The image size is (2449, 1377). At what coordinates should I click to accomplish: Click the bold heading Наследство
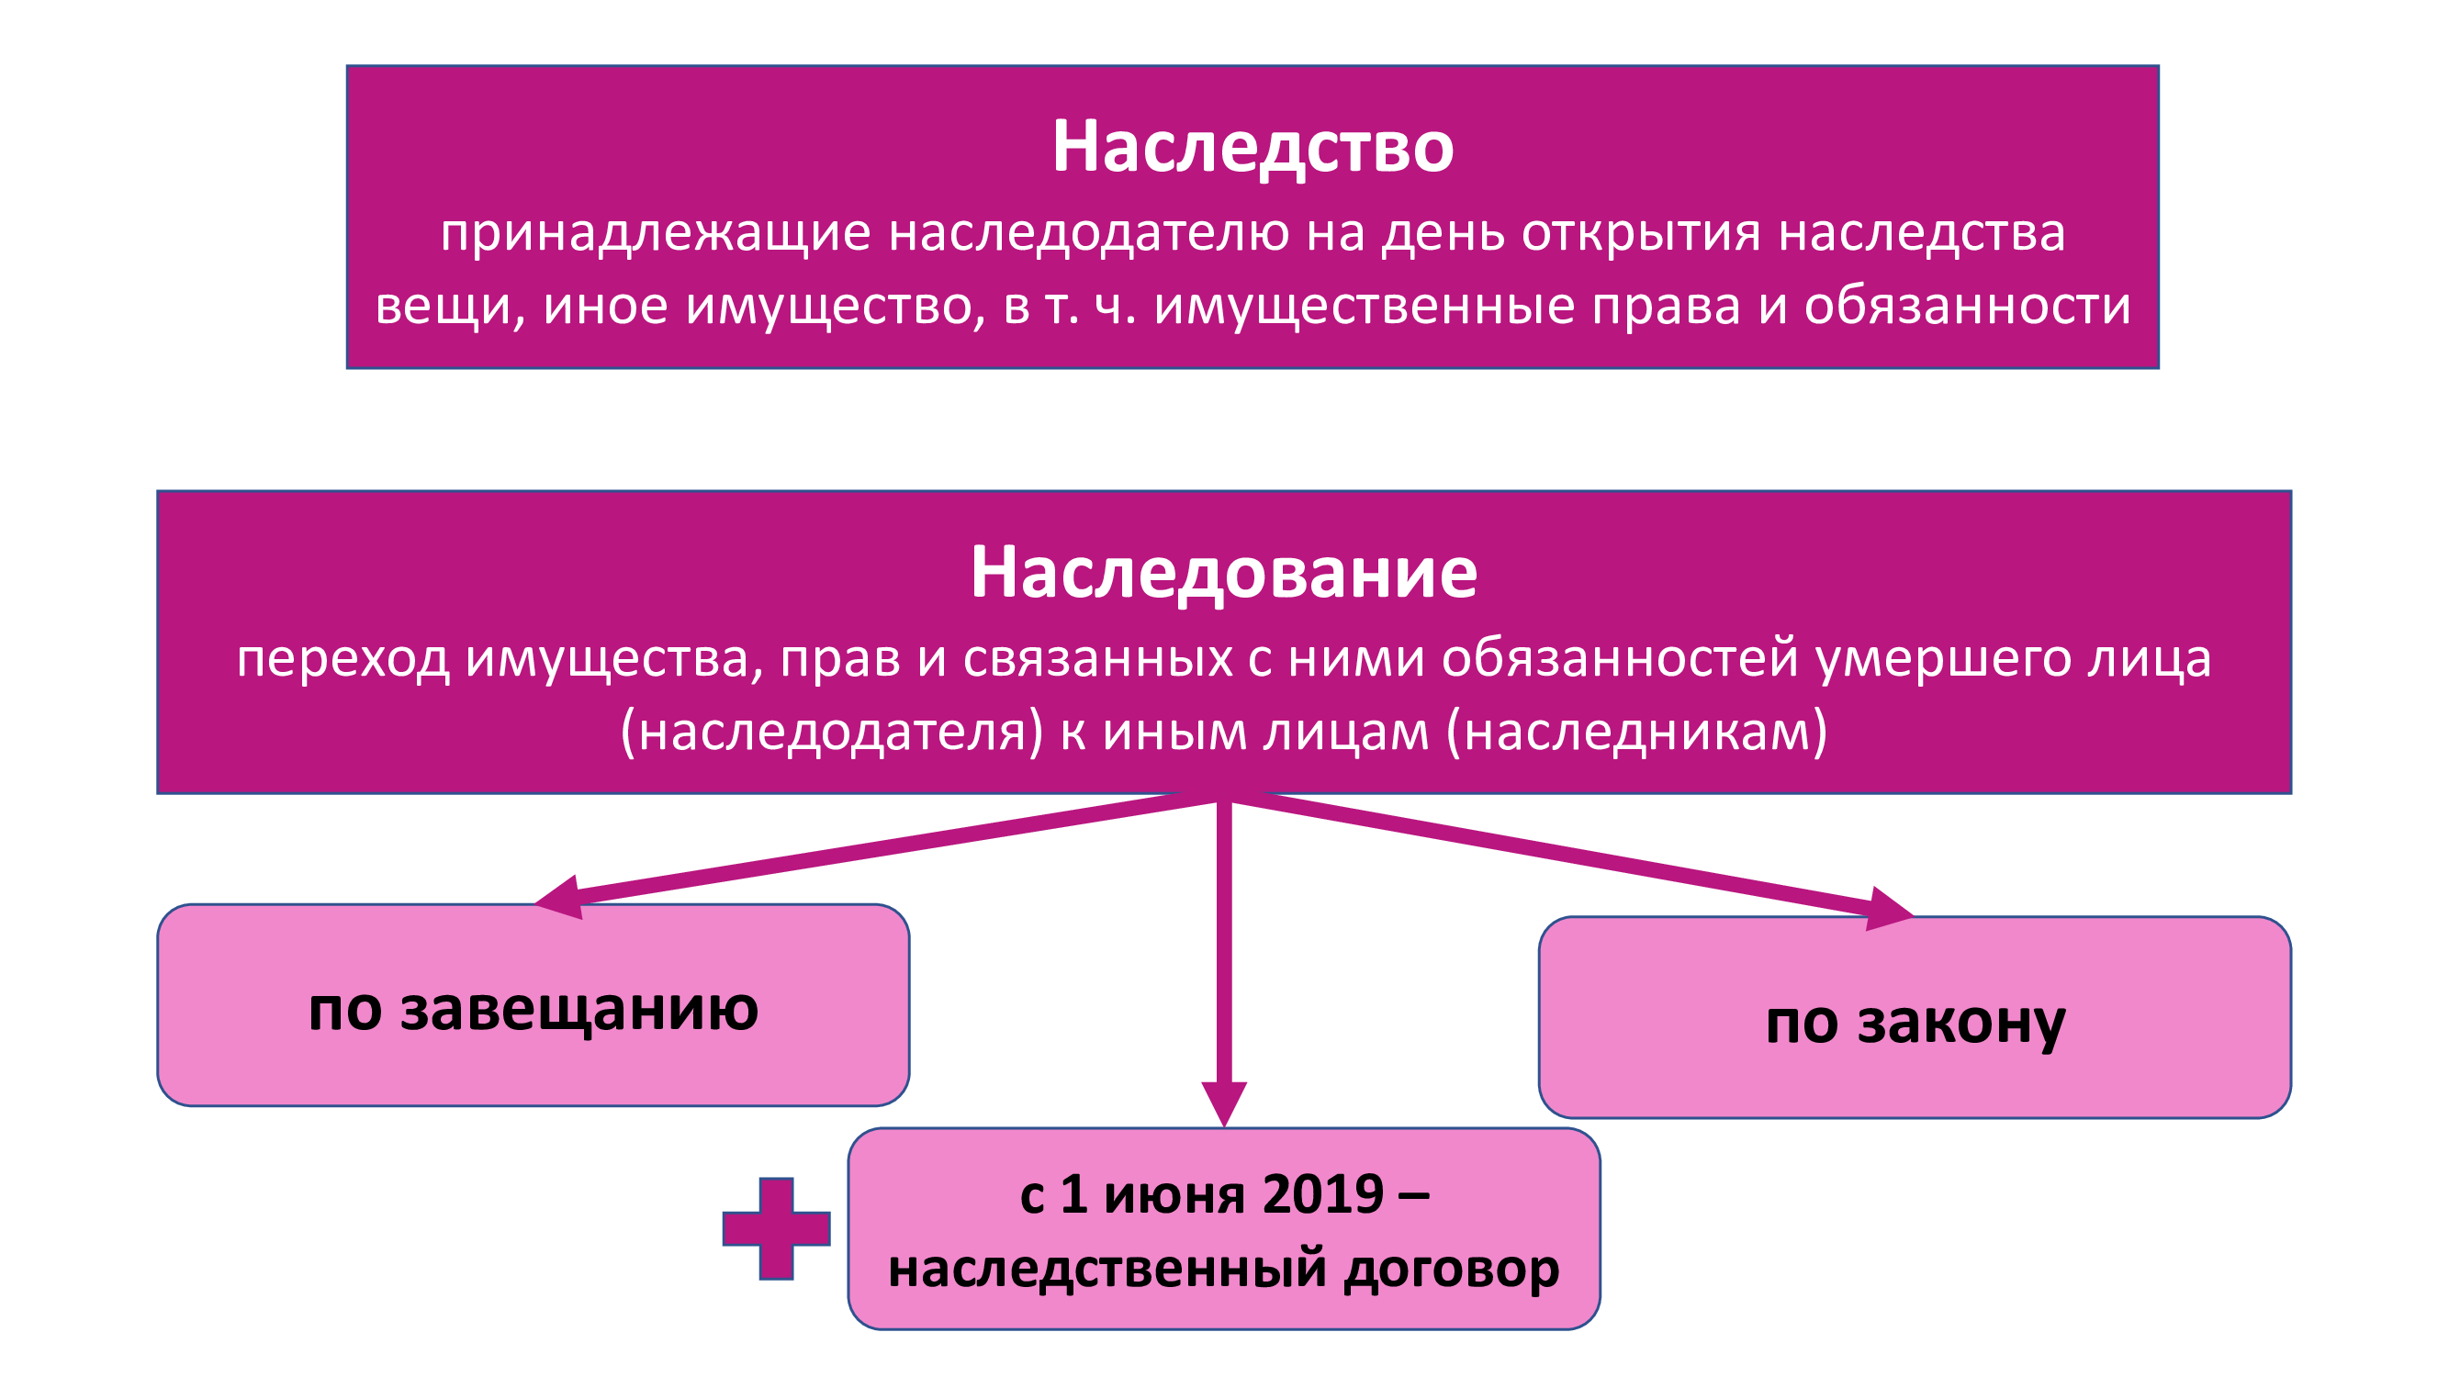[1253, 147]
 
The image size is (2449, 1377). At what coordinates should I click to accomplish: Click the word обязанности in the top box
[1967, 306]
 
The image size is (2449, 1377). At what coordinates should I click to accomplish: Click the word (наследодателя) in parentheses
[832, 733]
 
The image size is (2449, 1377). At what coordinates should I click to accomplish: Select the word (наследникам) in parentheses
[1636, 733]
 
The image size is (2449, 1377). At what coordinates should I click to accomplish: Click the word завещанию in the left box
[579, 1010]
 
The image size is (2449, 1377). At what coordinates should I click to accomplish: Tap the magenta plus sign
[776, 1229]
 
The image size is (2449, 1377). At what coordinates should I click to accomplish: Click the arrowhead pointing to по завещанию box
[561, 897]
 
